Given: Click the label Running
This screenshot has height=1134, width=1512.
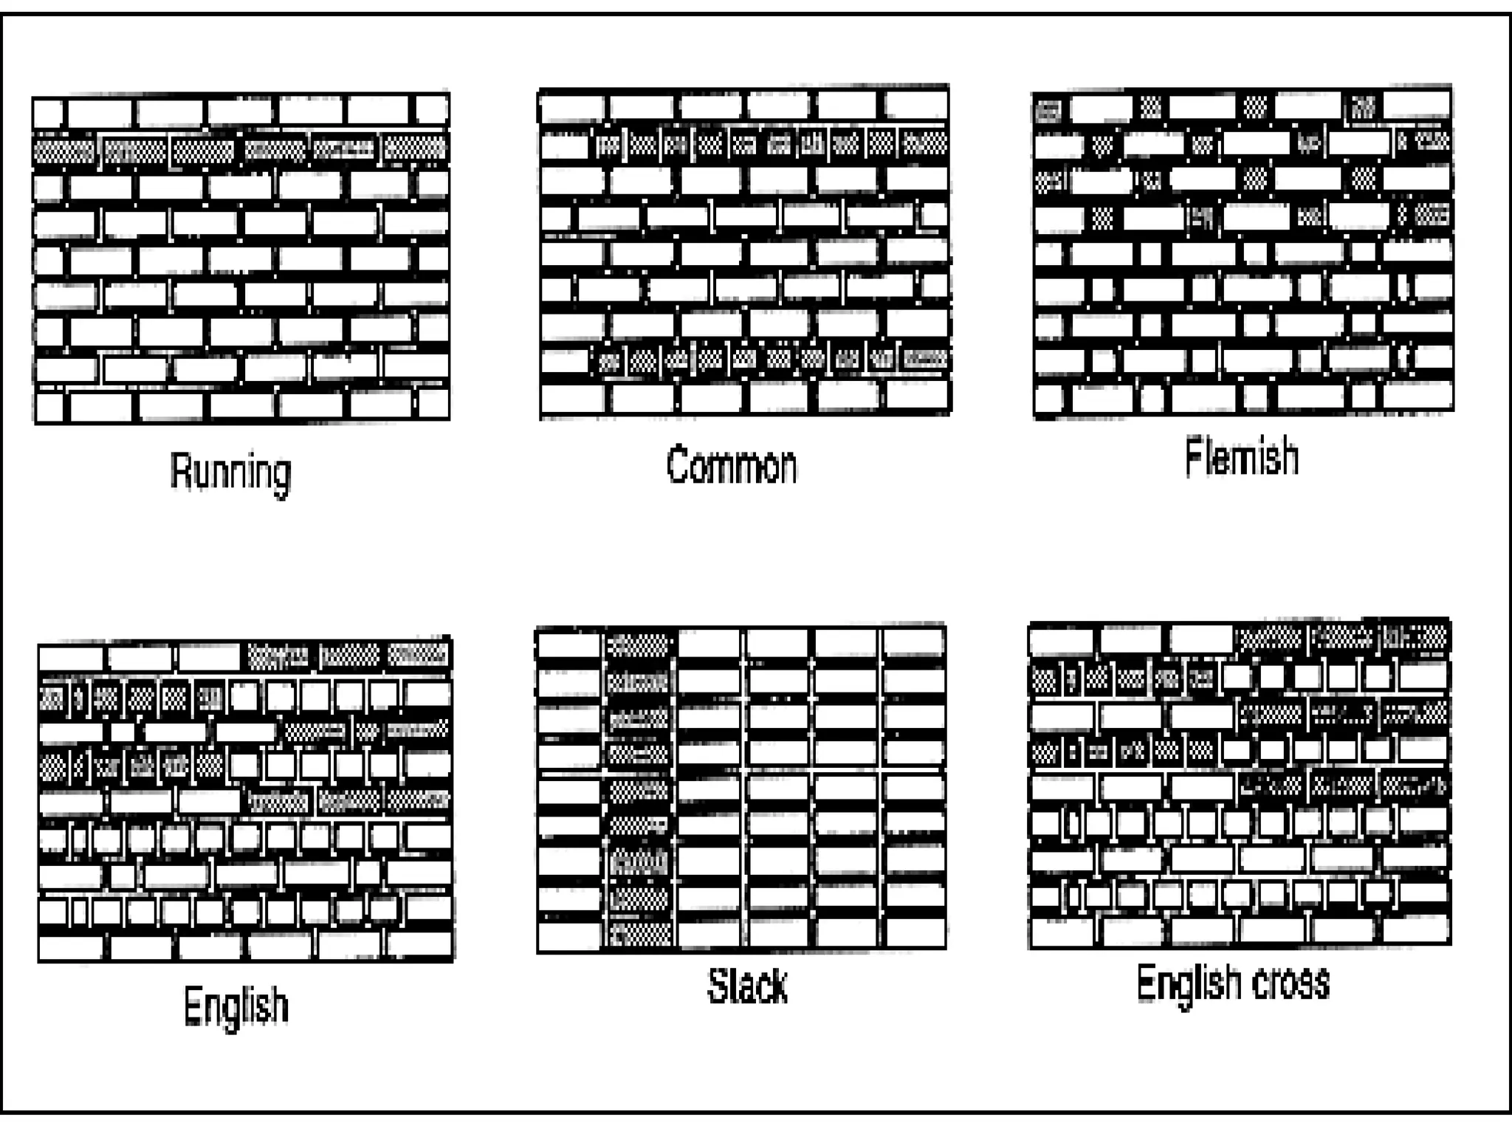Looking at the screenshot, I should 230,472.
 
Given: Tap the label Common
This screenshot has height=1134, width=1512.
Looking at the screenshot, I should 731,466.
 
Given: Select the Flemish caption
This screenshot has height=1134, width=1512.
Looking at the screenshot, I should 1241,457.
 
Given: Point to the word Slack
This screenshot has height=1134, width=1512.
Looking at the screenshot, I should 747,986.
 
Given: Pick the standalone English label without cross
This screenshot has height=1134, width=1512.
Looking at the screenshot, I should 236,1006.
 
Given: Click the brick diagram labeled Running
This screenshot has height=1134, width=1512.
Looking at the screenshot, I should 241,258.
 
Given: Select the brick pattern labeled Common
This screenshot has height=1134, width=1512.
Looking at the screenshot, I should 744,252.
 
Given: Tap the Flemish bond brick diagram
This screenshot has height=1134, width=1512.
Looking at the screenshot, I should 1243,252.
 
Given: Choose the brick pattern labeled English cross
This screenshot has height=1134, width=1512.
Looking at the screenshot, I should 1240,784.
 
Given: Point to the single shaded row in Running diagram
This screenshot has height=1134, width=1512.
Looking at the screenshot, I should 241,149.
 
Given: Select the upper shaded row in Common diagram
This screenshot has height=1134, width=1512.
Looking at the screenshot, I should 772,143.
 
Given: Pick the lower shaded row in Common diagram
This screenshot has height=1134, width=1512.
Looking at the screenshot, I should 772,360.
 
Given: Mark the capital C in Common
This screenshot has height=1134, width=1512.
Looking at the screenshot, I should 678,465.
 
